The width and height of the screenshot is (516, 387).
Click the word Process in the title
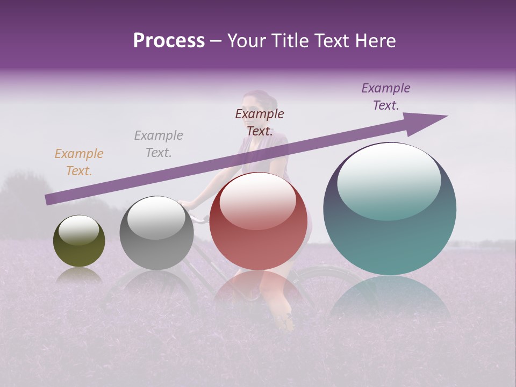click(169, 41)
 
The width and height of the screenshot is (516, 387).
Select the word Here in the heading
click(374, 41)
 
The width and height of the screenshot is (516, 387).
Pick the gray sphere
click(156, 233)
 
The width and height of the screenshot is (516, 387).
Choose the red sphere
click(258, 221)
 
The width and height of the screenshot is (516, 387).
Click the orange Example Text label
click(79, 162)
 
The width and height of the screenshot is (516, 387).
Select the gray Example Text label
click(159, 144)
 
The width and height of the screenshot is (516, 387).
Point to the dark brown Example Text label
click(260, 123)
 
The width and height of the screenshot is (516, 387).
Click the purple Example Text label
click(386, 97)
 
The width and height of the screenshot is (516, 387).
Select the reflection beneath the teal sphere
click(390, 301)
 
